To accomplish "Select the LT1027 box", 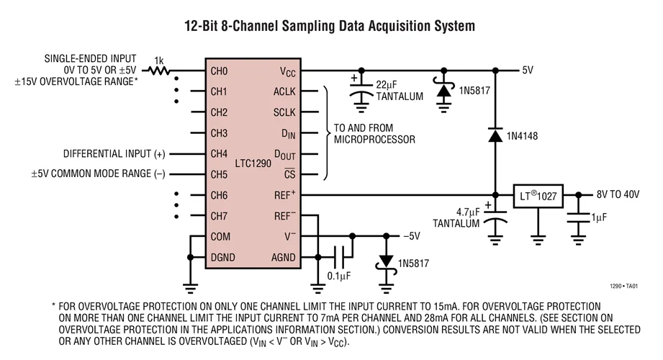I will [x=538, y=195].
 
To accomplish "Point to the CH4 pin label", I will [x=219, y=153].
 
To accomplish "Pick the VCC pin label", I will [x=287, y=71].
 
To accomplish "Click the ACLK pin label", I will [x=284, y=92].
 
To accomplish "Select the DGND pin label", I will [x=222, y=257].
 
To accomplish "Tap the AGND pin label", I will [x=283, y=257].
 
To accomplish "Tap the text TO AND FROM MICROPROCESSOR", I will [x=374, y=134].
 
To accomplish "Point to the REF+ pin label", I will [x=284, y=195].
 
